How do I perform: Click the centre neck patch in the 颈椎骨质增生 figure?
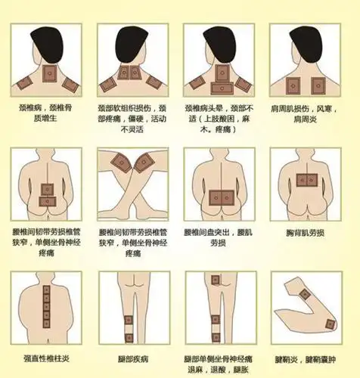click(50, 74)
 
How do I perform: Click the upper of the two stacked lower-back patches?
click(48, 188)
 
